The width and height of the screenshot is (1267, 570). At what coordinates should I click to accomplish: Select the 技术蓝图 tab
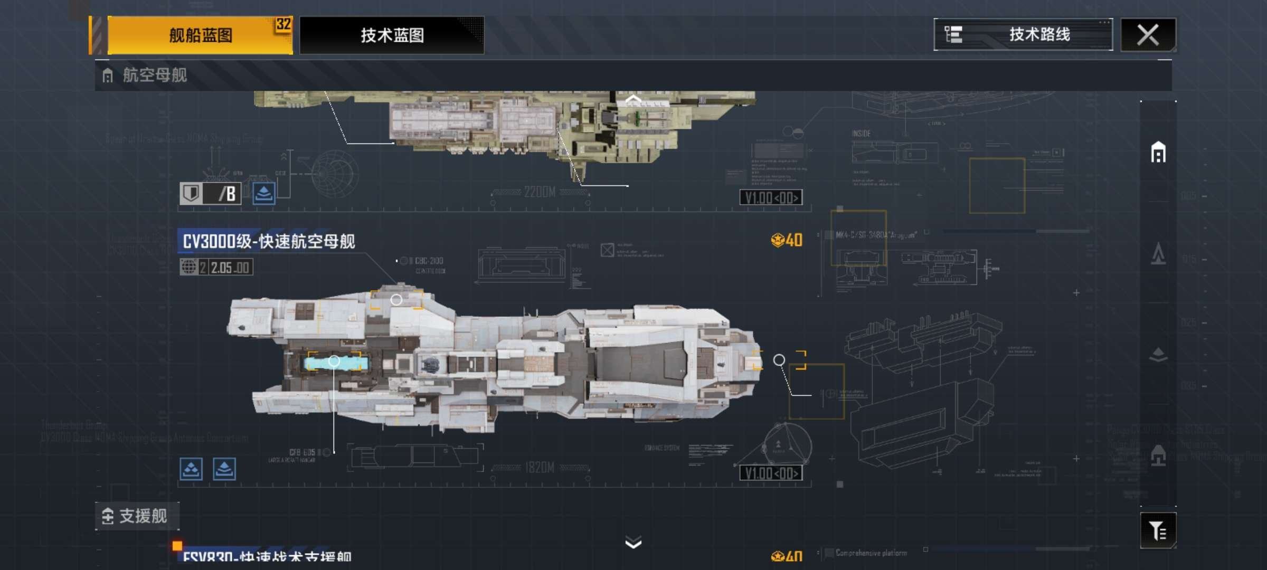tap(392, 35)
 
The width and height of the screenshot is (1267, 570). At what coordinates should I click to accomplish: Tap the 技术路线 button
tap(1023, 35)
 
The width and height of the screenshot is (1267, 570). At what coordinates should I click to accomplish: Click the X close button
tap(1148, 35)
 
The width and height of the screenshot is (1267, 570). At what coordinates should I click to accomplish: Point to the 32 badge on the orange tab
tap(283, 24)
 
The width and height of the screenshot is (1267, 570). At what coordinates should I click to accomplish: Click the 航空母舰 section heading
tap(154, 75)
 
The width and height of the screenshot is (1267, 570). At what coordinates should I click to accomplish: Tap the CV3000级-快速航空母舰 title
tap(269, 242)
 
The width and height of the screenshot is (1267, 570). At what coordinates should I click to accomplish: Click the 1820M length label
tap(540, 468)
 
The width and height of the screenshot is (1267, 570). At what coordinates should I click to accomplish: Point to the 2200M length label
tap(540, 192)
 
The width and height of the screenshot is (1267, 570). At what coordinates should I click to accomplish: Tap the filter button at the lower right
tap(1158, 530)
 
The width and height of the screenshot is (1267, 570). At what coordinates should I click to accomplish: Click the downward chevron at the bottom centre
tap(633, 542)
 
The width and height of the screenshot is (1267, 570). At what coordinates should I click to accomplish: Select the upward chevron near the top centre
tap(633, 99)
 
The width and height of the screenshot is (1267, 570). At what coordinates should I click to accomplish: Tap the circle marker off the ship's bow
tap(779, 360)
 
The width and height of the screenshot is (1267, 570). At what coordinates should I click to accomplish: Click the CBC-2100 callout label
tap(429, 261)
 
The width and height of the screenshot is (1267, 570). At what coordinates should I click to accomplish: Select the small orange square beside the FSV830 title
tap(177, 545)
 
